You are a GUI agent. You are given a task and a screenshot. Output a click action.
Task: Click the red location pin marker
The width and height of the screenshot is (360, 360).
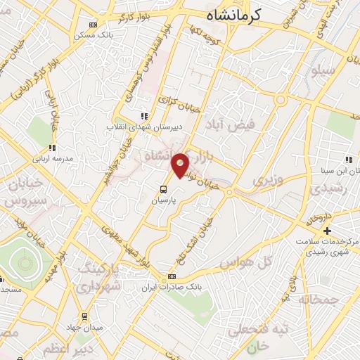tap(180, 165)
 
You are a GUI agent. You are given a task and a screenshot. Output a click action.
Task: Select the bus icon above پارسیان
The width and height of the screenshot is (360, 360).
tap(163, 189)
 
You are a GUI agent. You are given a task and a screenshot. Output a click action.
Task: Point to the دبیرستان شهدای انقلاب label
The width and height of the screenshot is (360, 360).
tap(143, 127)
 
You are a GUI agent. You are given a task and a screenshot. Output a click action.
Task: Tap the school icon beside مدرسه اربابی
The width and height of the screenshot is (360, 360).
tap(51, 148)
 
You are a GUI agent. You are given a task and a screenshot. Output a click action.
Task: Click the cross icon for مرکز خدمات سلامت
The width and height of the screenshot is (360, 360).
tap(326, 231)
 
